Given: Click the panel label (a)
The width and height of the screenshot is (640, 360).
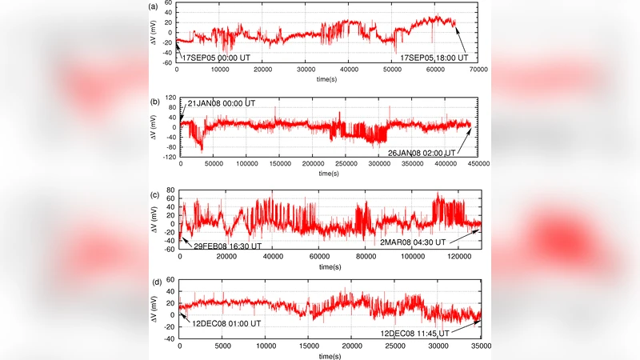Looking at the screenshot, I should pyautogui.click(x=153, y=6).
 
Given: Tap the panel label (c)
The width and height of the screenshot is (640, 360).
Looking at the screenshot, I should pyautogui.click(x=153, y=194).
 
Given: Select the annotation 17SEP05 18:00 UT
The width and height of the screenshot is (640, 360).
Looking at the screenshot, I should pyautogui.click(x=435, y=58).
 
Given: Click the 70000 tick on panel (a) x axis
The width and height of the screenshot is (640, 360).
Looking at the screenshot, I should pyautogui.click(x=479, y=71).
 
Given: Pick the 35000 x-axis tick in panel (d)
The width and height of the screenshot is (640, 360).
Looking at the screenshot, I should pyautogui.click(x=479, y=348).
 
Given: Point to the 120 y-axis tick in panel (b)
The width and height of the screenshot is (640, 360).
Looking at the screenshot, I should pyautogui.click(x=169, y=98).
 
